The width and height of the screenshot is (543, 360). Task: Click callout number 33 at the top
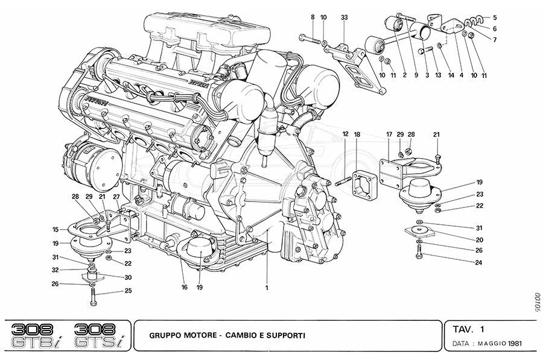(344, 17)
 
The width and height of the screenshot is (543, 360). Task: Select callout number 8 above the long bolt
(313, 17)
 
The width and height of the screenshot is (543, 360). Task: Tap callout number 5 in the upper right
(494, 18)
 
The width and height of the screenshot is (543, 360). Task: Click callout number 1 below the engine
(266, 287)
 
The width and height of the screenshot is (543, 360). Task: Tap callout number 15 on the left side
(55, 229)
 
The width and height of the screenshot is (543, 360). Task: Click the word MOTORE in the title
(197, 334)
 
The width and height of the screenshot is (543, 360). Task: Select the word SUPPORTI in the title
(285, 334)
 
